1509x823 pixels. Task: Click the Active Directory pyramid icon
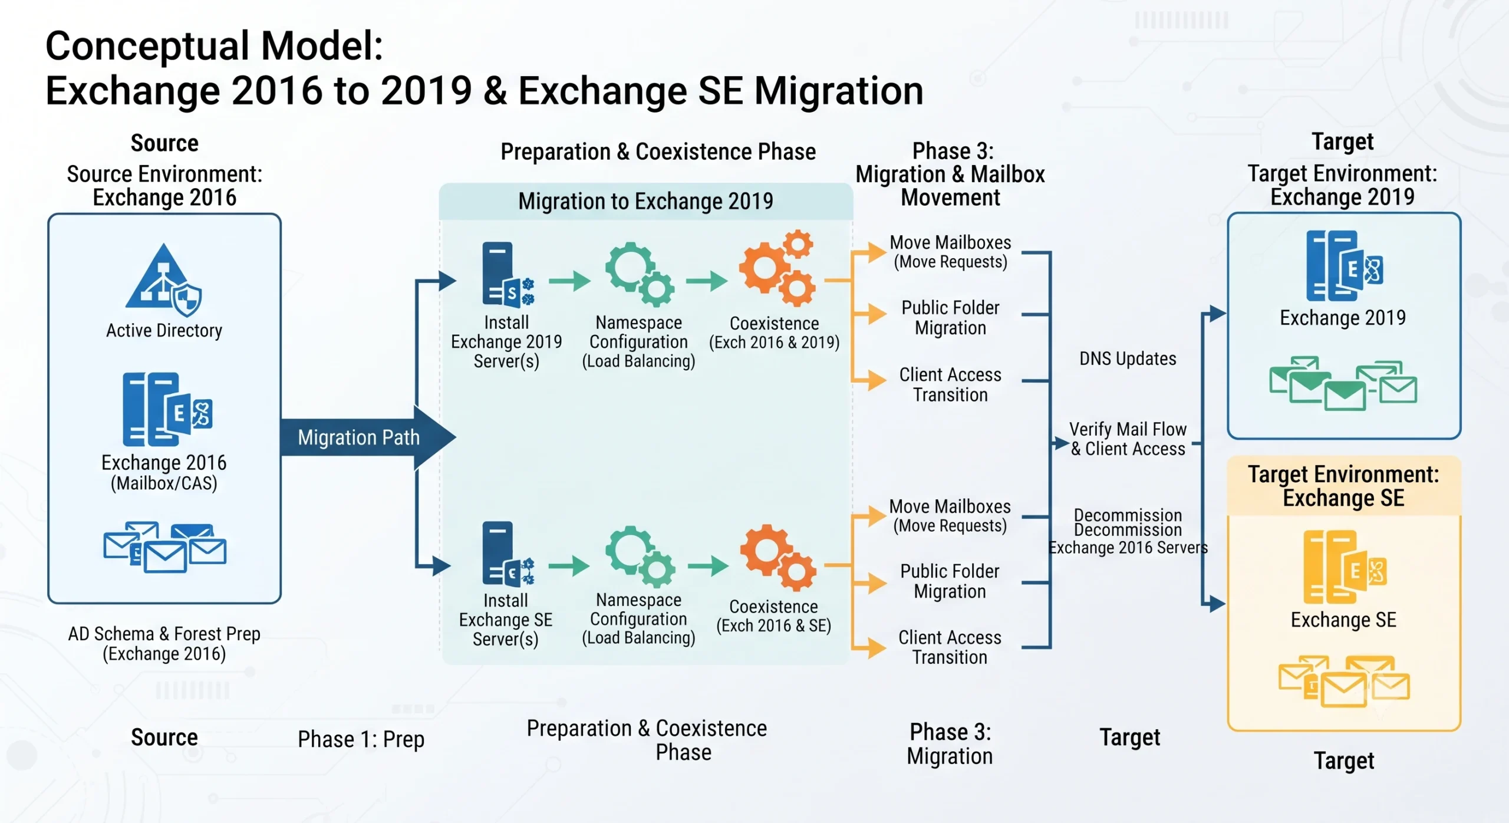163,280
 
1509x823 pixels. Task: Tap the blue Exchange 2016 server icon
167,409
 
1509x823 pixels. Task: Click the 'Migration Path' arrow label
358,437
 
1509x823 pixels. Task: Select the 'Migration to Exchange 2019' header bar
645,201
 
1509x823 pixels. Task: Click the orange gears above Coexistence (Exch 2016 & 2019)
777,268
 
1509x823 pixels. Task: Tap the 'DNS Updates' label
1128,358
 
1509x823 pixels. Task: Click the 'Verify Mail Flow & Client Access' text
1128,439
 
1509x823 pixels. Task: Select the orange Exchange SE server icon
1345,567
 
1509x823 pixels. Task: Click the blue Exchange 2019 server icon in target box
1345,266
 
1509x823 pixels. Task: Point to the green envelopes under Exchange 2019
1343,383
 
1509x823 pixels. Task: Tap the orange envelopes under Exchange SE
1343,681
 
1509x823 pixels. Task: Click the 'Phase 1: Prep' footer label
361,739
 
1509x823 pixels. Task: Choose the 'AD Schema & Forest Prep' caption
164,634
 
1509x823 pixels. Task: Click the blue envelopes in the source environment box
164,547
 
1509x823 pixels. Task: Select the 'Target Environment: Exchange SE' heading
1343,486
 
